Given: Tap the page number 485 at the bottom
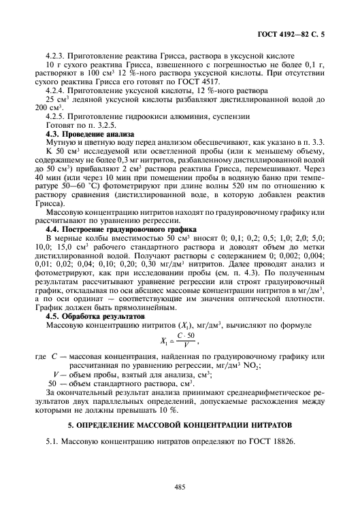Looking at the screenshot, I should pos(180,486).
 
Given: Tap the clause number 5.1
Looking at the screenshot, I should pos(52,443).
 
